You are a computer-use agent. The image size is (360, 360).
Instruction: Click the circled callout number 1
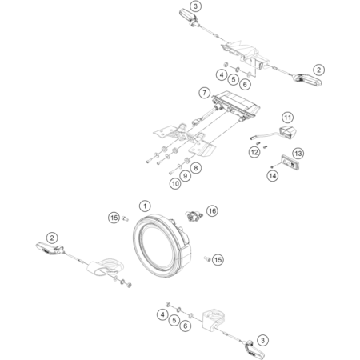(x=145, y=206)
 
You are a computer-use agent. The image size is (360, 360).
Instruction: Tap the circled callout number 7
(x=205, y=93)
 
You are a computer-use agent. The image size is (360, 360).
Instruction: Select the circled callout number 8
(x=196, y=168)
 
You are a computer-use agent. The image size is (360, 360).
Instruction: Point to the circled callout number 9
(x=185, y=176)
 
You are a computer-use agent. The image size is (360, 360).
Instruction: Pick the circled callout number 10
(x=175, y=183)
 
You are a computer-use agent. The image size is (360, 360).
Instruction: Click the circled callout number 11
(x=287, y=118)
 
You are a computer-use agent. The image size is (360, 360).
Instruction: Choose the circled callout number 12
(x=254, y=152)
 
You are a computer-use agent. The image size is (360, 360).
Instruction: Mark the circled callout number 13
(x=298, y=154)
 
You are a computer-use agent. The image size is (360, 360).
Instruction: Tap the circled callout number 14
(x=273, y=176)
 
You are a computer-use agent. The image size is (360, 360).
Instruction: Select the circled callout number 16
(x=212, y=211)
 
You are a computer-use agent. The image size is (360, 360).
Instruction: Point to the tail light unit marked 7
(x=236, y=106)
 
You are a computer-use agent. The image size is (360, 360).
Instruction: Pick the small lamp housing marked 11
(x=288, y=132)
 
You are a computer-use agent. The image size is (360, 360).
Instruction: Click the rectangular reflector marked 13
(x=290, y=162)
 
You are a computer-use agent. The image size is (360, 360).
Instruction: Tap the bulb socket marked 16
(x=194, y=215)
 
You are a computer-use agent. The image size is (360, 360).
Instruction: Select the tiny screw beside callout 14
(x=272, y=167)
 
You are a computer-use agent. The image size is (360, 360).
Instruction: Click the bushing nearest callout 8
(x=186, y=161)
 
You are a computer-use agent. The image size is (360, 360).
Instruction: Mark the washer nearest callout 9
(x=180, y=166)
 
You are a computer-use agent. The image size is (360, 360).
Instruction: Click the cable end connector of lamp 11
(x=251, y=138)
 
